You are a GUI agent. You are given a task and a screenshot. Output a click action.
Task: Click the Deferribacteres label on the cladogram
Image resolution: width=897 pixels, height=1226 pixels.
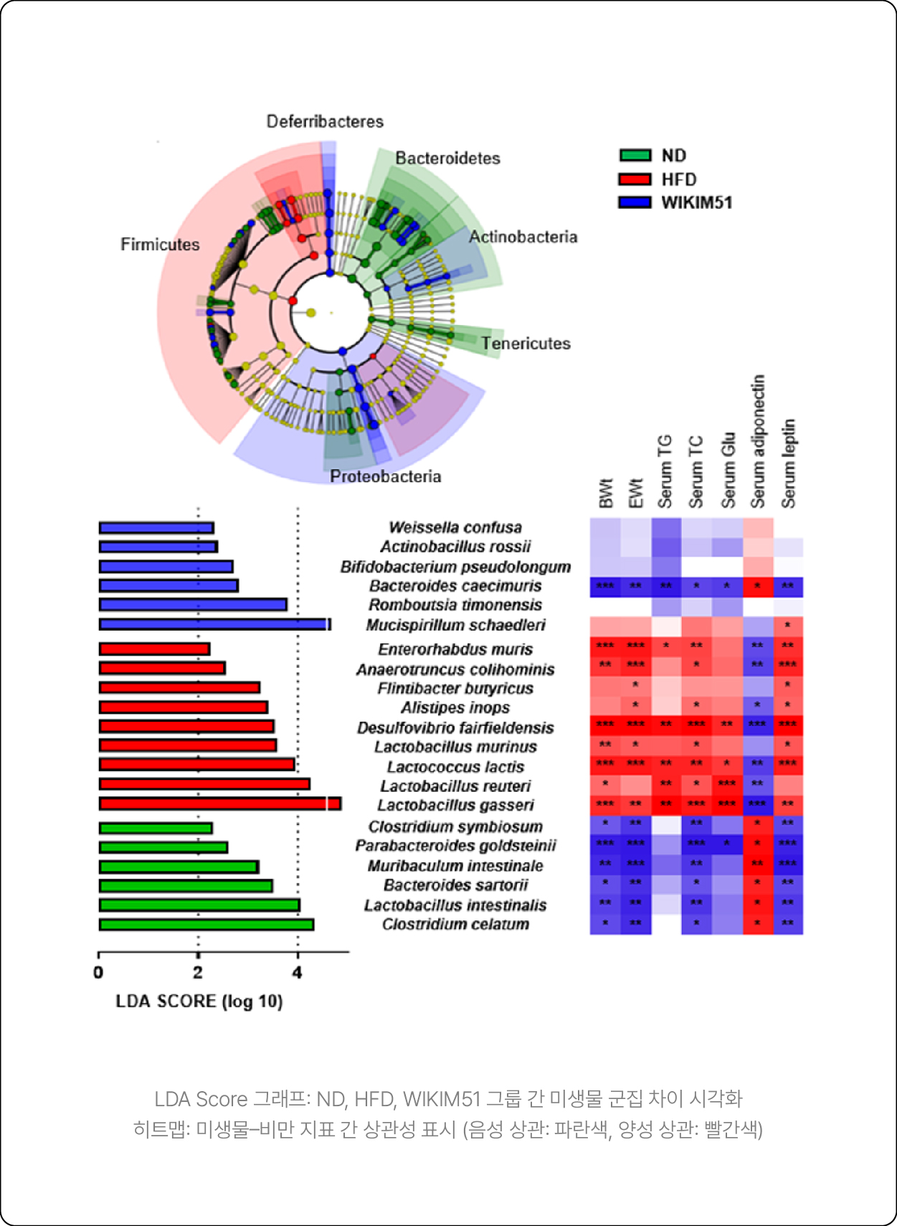coord(325,121)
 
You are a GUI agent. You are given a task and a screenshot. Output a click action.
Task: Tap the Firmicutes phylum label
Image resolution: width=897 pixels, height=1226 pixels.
coord(160,245)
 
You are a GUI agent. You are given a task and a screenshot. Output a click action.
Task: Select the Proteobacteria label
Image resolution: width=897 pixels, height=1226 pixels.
coord(385,476)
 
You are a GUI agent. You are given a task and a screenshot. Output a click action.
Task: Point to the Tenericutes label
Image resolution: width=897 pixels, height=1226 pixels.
coord(526,344)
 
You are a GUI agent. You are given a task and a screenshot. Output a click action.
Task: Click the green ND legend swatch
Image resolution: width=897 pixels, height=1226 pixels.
coord(635,156)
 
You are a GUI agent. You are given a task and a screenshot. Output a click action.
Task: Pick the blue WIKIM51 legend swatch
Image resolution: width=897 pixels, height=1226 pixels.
coord(635,203)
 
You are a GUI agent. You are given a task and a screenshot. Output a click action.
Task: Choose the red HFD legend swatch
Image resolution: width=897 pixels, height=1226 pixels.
coord(635,179)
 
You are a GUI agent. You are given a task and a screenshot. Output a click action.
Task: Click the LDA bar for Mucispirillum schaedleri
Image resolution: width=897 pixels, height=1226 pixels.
coord(214,625)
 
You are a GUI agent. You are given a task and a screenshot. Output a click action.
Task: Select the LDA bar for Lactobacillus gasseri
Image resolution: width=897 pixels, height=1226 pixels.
coord(219,804)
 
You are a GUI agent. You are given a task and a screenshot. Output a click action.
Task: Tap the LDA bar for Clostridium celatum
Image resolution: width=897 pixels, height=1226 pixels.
coord(206,925)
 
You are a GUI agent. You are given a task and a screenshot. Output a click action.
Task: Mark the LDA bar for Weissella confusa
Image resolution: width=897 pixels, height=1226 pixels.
coord(156,528)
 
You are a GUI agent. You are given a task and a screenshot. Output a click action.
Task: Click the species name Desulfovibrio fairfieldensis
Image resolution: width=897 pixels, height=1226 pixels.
coord(455,727)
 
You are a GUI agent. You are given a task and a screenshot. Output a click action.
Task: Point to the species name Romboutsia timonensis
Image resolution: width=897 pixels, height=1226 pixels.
coord(455,605)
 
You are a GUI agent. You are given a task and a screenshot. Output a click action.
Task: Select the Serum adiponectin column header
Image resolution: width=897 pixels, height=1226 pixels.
coord(758,441)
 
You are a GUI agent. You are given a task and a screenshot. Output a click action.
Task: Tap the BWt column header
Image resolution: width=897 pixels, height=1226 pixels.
coord(606,494)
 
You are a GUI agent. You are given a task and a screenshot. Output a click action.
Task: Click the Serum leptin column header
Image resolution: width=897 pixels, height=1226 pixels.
coord(788,463)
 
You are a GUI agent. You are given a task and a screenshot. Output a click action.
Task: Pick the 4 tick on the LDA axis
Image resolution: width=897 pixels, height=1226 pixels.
coord(298,973)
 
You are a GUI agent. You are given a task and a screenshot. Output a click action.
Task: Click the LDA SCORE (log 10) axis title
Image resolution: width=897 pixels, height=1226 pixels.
coord(199,1001)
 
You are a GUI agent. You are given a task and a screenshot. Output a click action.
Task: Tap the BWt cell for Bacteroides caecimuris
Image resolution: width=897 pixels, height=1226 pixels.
coord(605,586)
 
